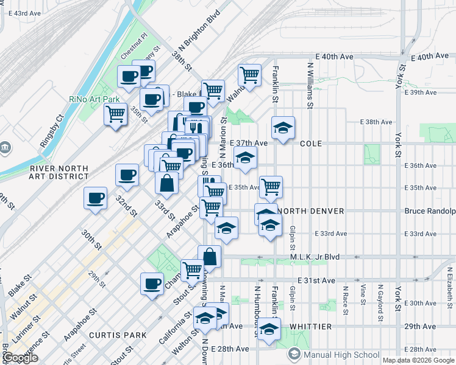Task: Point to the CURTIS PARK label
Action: (118, 335)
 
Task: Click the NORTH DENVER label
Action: (310, 211)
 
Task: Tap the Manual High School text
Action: (341, 355)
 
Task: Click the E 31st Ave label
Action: (316, 280)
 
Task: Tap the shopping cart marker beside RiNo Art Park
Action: (115, 114)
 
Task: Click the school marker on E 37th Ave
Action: (283, 128)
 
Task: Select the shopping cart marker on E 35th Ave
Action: (271, 186)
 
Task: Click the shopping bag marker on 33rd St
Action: (166, 182)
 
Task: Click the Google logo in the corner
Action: (21, 358)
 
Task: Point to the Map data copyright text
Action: (418, 360)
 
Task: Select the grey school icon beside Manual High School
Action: (294, 355)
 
